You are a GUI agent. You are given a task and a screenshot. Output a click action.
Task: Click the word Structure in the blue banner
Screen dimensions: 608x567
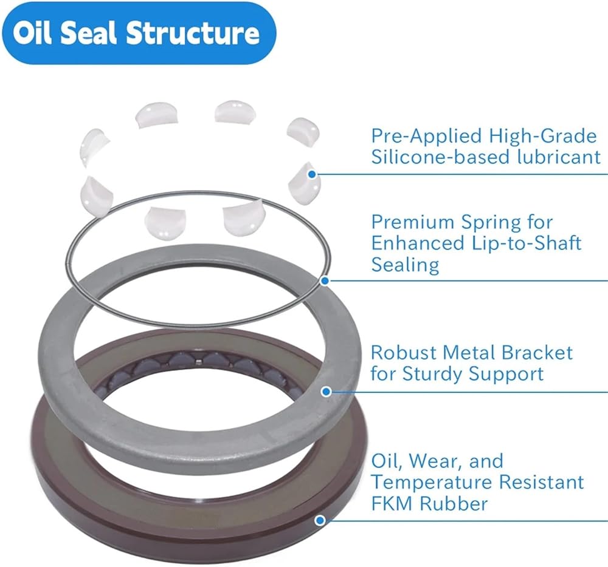point(193,33)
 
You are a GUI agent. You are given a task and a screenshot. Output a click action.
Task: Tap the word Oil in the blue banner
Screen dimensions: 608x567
point(32,33)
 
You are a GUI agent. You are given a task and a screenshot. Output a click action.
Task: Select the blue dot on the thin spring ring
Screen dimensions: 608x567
point(325,280)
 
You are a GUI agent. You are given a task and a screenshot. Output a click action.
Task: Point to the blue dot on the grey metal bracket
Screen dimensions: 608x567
point(326,392)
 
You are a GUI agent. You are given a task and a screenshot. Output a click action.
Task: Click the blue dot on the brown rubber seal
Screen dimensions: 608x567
point(320,520)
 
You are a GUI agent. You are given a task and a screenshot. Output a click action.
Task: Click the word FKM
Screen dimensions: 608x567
point(392,504)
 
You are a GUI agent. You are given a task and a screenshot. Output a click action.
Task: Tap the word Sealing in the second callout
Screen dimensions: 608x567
point(405,265)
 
